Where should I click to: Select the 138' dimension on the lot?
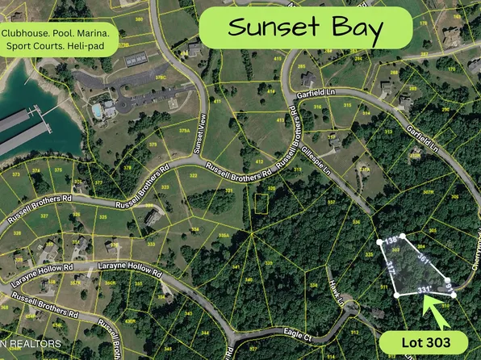[391, 241]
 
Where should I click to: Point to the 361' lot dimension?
[423, 257]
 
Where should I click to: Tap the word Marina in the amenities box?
[99, 33]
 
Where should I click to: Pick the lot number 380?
[140, 18]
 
